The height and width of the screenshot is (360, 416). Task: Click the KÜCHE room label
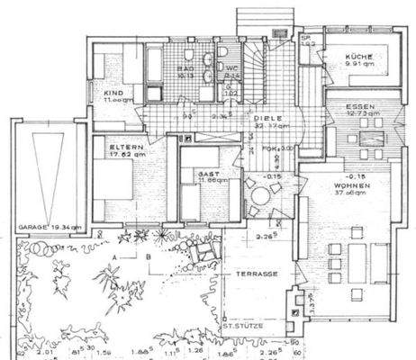pyautogui.click(x=359, y=58)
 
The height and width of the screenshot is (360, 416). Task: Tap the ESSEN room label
pyautogui.click(x=360, y=107)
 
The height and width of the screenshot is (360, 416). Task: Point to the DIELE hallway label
pyautogui.click(x=263, y=117)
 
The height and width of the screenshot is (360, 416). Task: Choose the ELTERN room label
pyautogui.click(x=122, y=147)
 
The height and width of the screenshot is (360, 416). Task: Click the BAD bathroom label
pyautogui.click(x=186, y=67)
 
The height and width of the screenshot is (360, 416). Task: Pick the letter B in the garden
pyautogui.click(x=147, y=256)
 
